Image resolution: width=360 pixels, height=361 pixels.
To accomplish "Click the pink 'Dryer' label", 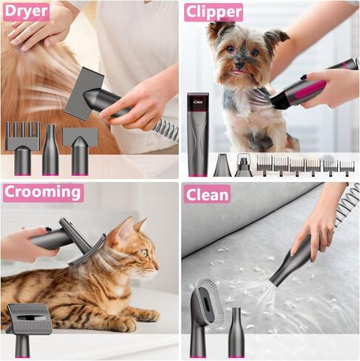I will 26,11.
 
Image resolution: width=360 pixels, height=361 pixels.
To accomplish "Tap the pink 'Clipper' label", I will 213,12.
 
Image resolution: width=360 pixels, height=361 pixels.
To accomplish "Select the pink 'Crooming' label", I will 43,193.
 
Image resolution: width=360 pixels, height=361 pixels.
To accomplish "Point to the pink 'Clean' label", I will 207,194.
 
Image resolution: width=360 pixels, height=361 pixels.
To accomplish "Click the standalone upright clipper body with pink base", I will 197,133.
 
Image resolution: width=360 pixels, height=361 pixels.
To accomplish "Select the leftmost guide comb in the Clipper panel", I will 265,164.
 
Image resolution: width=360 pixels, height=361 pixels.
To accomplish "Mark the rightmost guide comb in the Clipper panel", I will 346,166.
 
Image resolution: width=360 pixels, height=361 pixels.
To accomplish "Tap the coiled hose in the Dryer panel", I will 166,130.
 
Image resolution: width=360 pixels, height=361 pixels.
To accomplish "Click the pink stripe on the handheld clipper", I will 308,92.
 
